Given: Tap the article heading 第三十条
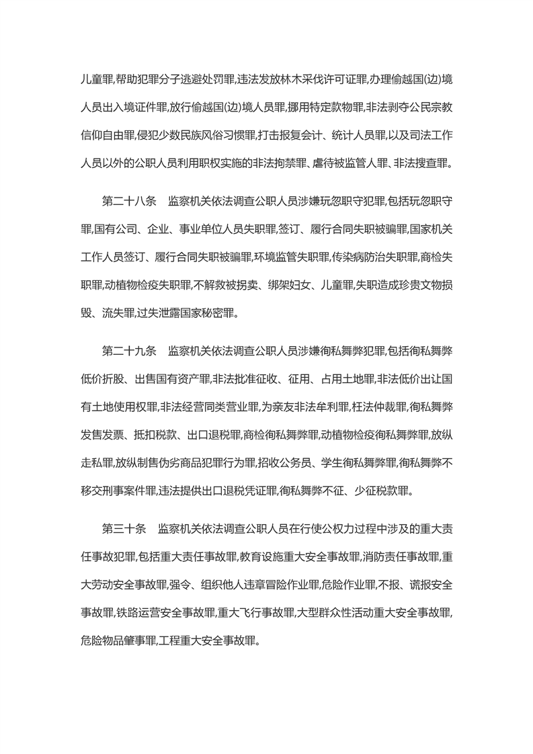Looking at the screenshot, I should pyautogui.click(x=124, y=528).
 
